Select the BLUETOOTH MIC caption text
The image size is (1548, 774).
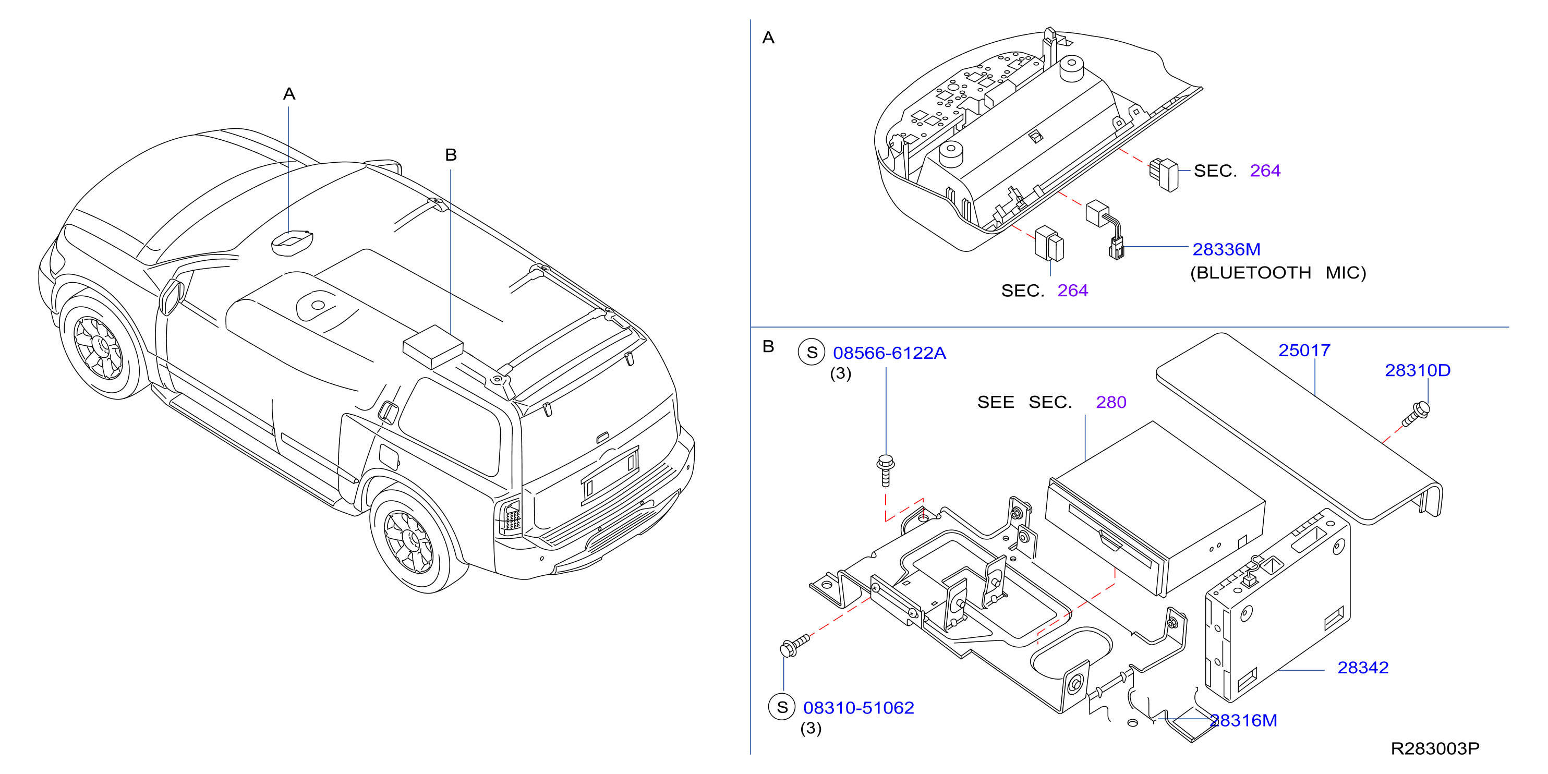coord(1278,273)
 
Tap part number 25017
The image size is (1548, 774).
coord(1304,350)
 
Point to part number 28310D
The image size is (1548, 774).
coord(1418,370)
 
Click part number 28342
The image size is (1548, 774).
coord(1363,668)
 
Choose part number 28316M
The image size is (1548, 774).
coord(1243,720)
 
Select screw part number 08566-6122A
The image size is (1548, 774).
coord(889,353)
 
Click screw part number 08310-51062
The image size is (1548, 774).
coord(858,708)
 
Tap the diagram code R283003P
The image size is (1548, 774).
coord(1435,749)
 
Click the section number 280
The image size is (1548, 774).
coord(1111,402)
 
